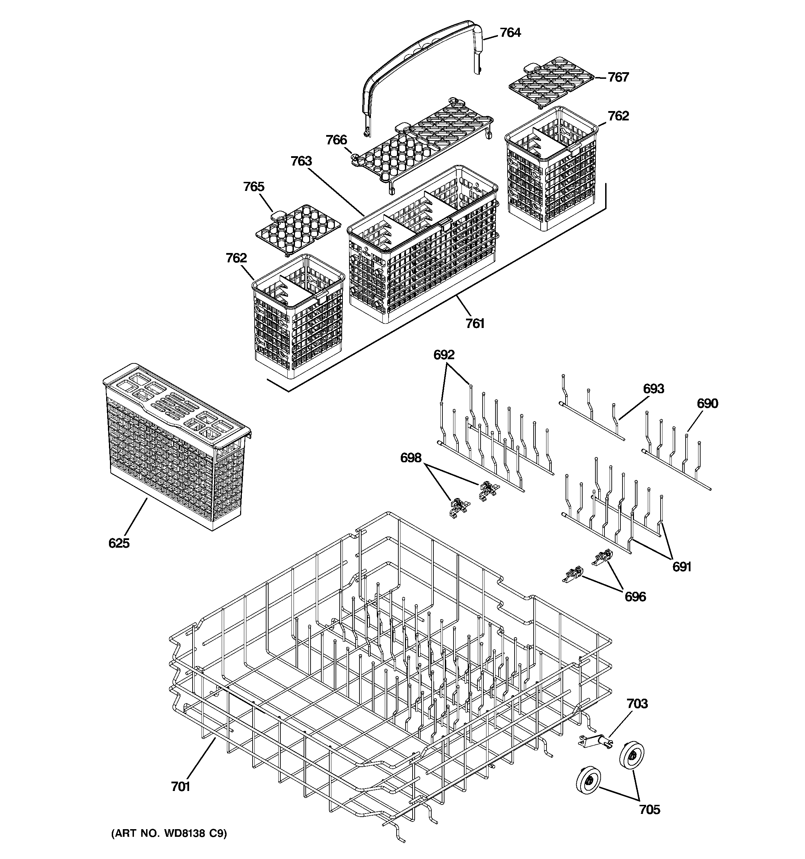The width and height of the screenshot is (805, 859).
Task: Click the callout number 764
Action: pos(510,33)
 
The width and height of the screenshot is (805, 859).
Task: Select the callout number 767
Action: pos(618,77)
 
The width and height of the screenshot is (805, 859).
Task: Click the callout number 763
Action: pos(301,161)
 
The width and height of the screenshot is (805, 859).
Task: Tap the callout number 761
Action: pos(475,323)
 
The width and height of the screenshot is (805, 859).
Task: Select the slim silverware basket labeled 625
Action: pos(177,447)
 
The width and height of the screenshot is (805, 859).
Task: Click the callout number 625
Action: pos(119,543)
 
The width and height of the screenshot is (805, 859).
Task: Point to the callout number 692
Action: pos(444,355)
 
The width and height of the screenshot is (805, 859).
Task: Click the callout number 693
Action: pos(653,389)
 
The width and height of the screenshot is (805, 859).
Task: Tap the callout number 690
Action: pos(707,404)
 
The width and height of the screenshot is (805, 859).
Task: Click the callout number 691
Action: pos(682,567)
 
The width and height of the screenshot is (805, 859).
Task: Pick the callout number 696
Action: pos(635,597)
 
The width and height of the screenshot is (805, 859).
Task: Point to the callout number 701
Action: pos(181,787)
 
